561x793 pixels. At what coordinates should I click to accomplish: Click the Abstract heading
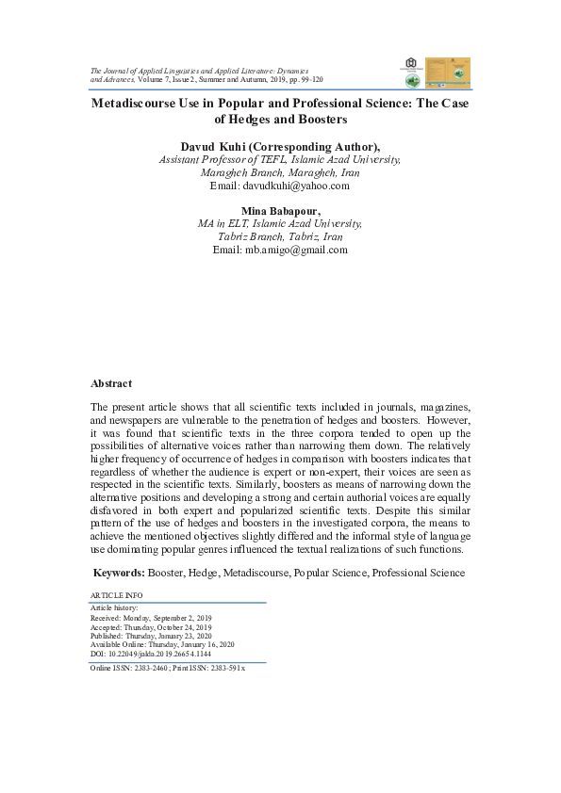click(111, 384)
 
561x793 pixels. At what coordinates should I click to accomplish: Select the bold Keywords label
click(118, 572)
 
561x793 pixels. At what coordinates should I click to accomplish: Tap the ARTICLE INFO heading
click(115, 597)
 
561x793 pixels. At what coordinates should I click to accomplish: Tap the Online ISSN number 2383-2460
click(148, 666)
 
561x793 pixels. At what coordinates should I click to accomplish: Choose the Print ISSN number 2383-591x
click(225, 666)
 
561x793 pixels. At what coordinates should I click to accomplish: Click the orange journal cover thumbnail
click(448, 73)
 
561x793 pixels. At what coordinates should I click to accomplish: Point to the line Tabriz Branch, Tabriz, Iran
click(279, 237)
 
